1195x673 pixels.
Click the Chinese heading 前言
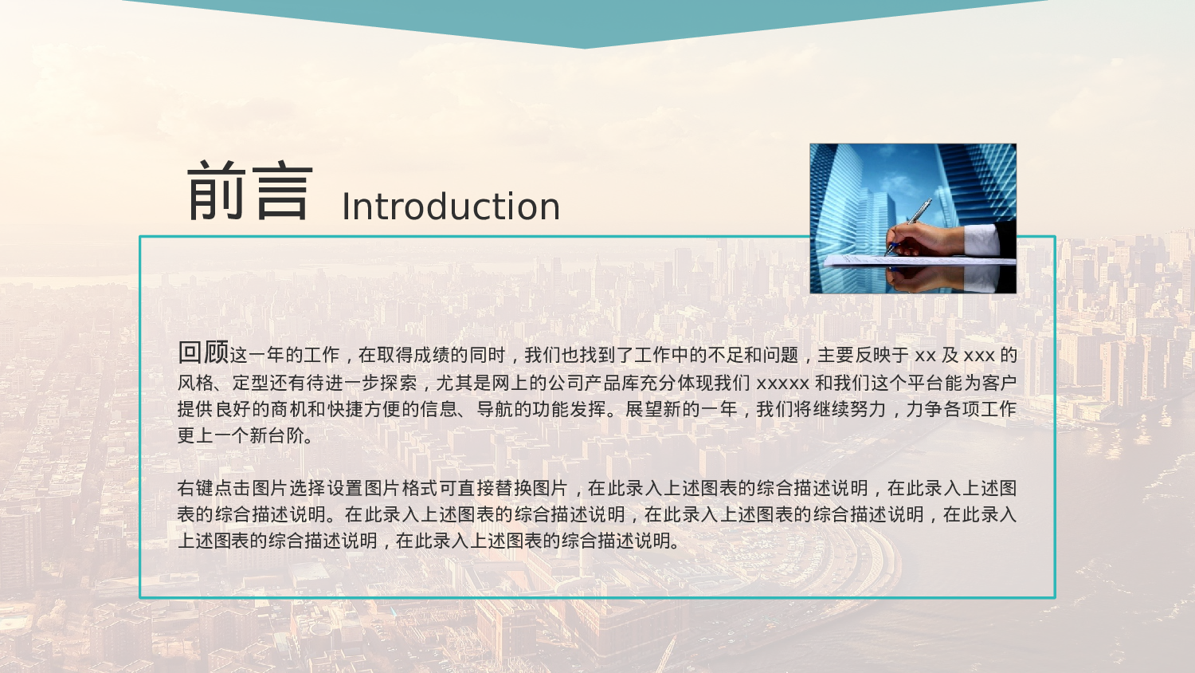(x=249, y=191)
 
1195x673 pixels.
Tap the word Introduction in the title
(x=451, y=207)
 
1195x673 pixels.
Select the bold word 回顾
(x=203, y=352)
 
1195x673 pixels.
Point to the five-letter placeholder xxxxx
(x=782, y=384)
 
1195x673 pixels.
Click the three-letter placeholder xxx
(x=979, y=356)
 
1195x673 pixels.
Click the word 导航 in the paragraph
(x=495, y=409)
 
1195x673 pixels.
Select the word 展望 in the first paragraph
(x=644, y=409)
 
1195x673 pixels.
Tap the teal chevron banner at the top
(x=586, y=20)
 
